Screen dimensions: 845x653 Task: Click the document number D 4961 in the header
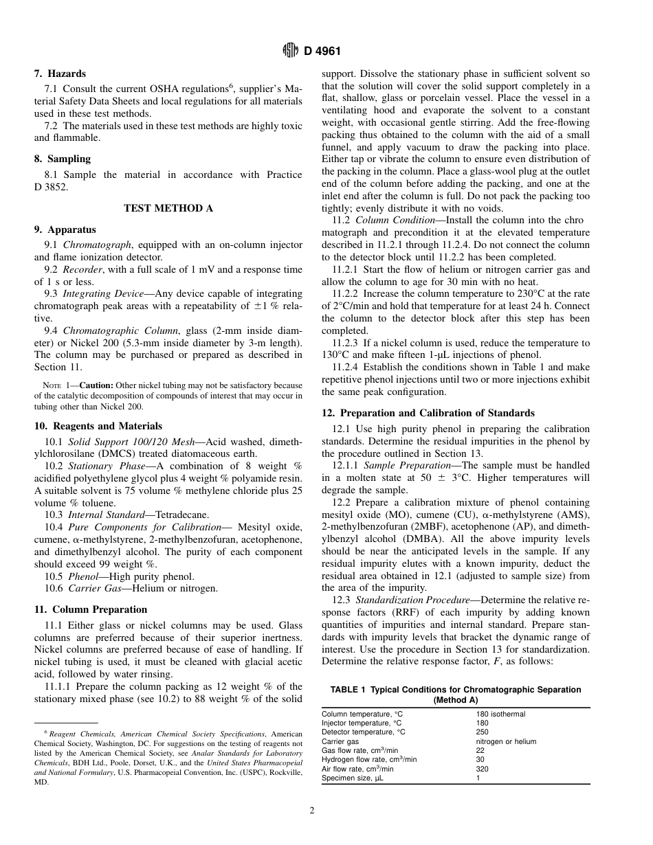(x=322, y=51)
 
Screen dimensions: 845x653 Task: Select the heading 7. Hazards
(x=60, y=74)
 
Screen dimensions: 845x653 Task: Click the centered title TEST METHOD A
(x=168, y=208)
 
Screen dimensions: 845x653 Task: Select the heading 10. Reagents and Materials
(x=98, y=426)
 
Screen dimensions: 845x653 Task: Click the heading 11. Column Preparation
(x=91, y=609)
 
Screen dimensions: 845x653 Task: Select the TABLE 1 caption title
(x=455, y=695)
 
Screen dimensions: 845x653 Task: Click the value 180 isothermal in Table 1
(x=500, y=714)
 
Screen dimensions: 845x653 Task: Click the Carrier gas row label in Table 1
(x=340, y=741)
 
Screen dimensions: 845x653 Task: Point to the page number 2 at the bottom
(x=312, y=811)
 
